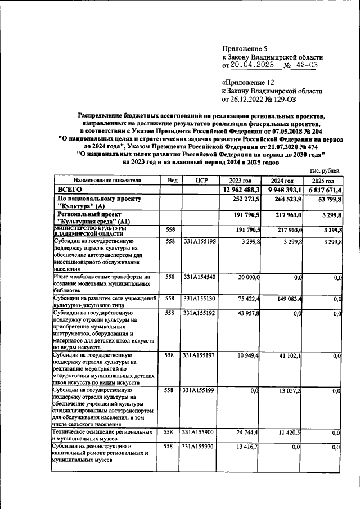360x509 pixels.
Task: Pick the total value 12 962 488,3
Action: point(240,190)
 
